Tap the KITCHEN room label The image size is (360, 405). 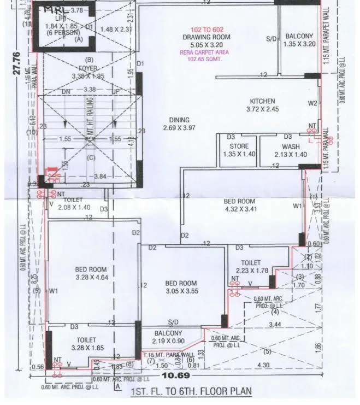[262, 101]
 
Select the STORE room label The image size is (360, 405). [239, 146]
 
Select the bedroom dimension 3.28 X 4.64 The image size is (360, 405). [91, 277]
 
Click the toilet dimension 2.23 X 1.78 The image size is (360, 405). [252, 271]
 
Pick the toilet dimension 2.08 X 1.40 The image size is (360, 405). [72, 208]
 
